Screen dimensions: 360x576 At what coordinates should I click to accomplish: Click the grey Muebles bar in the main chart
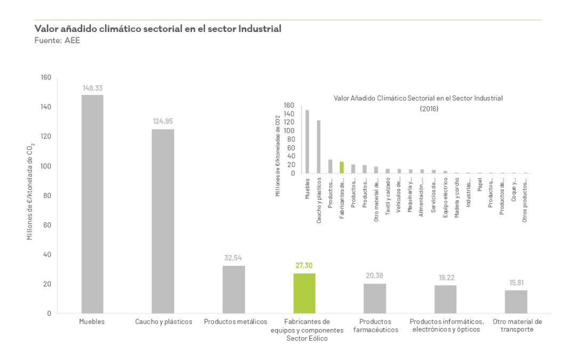[x=92, y=204]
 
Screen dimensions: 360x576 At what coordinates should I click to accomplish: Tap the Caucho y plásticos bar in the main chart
[x=163, y=221]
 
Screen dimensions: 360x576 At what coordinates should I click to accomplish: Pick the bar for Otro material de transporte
[x=516, y=301]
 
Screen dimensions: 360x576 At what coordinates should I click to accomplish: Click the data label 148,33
[x=92, y=88]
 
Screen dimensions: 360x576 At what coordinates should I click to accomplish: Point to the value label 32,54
[x=234, y=258]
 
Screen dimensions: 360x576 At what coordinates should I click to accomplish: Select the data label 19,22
[x=445, y=278]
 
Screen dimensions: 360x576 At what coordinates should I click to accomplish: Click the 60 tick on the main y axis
[x=47, y=225]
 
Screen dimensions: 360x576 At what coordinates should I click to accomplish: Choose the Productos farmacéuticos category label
[x=375, y=326]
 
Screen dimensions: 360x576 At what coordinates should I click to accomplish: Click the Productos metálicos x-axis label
[x=235, y=322]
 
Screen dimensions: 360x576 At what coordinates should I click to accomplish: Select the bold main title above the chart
[x=158, y=29]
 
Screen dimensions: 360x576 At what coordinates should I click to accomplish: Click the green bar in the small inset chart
[x=341, y=167]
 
